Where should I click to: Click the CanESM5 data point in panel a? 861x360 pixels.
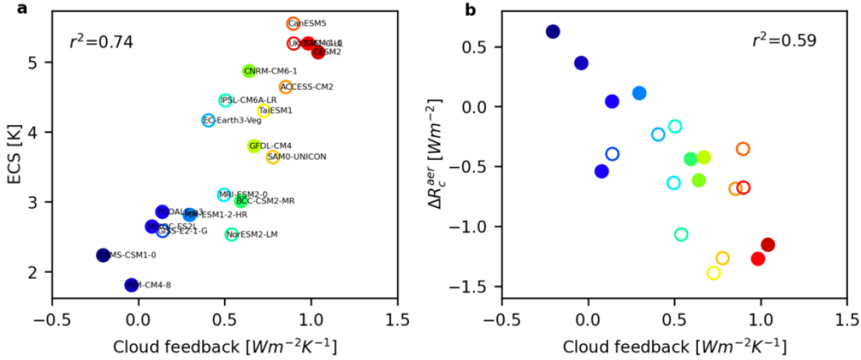[293, 24]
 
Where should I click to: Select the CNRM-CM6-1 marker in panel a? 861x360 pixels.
[248, 71]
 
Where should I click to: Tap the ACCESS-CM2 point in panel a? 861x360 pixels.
[286, 87]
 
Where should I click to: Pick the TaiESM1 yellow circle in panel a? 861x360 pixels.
[263, 111]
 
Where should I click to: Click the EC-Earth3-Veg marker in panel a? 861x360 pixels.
[208, 120]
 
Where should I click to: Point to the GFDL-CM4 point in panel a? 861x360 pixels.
[253, 146]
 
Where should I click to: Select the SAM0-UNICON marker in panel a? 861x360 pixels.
[273, 157]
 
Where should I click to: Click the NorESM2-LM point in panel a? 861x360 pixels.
[231, 234]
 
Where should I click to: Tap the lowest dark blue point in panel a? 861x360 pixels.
[131, 285]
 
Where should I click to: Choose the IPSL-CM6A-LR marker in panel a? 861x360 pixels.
[226, 100]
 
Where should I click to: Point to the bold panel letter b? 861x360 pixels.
[470, 9]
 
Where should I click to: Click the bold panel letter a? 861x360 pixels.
[12, 9]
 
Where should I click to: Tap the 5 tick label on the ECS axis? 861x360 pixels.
[41, 62]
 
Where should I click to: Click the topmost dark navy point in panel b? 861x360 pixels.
[553, 31]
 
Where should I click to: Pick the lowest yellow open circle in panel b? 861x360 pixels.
[713, 273]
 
